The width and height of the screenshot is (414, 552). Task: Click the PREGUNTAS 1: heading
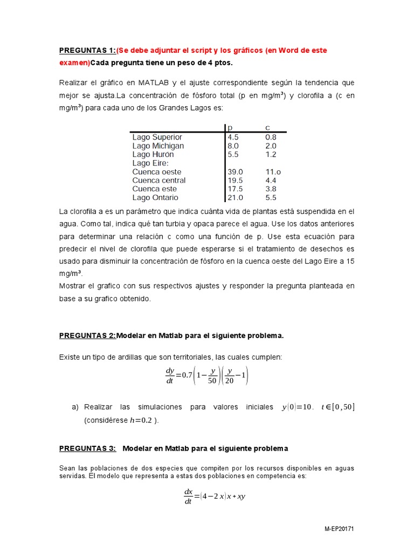[87, 50]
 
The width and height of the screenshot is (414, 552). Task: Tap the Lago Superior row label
[157, 137]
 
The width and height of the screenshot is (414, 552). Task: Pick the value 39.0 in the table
[236, 171]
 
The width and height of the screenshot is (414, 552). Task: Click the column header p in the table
[230, 128]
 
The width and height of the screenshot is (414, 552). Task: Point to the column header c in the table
[267, 128]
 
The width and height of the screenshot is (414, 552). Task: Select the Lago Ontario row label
[155, 197]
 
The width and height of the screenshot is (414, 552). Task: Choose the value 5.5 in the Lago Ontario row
[271, 197]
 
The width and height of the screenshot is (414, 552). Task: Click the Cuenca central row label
[158, 180]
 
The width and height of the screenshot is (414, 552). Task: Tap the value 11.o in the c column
[273, 171]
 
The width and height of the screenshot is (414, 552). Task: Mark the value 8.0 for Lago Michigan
[233, 146]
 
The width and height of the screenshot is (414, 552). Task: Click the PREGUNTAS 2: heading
[87, 335]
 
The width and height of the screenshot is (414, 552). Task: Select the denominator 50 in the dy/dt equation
[211, 381]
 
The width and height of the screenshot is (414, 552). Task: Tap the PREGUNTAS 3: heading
[87, 448]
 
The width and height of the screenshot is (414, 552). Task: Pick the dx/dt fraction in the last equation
[189, 496]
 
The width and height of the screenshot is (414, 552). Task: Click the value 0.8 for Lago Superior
[271, 137]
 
